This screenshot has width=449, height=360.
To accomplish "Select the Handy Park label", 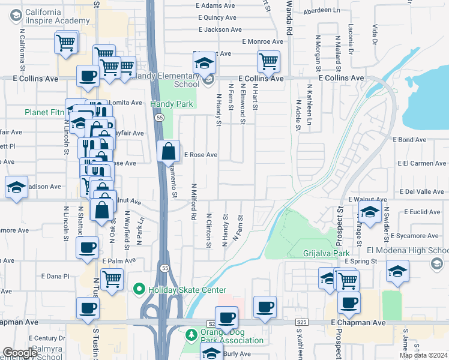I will coord(171,104).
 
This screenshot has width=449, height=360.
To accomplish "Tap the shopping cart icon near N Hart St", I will coord(268,61).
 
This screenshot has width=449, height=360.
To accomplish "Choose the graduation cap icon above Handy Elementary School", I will coord(204,62).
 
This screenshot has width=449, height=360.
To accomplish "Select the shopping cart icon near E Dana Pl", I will coord(112,279).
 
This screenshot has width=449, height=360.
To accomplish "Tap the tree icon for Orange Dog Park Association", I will coord(191,334).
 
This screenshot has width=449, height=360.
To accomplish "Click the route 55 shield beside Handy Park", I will coord(158,118).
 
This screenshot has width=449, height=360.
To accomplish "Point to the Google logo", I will coord(20,353).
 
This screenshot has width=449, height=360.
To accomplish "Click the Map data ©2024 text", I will coord(423,355).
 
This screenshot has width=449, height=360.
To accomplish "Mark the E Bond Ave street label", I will coord(409,140).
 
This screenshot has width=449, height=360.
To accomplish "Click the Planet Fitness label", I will coord(45,112).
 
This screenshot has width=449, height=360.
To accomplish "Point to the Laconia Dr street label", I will coord(351,37).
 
